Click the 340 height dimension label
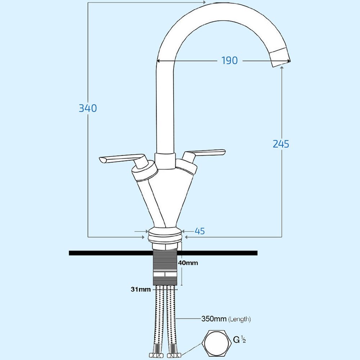tap(88, 108)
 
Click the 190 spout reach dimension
tap(229, 61)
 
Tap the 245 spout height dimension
tap(281, 144)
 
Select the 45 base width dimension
tap(199, 231)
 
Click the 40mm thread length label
tap(188, 263)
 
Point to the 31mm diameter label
tap(140, 289)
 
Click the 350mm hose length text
tap(213, 319)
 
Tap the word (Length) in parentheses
tap(239, 319)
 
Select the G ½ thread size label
tap(239, 339)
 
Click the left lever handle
tap(121, 159)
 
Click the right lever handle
tap(205, 153)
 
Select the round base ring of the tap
tap(165, 236)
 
